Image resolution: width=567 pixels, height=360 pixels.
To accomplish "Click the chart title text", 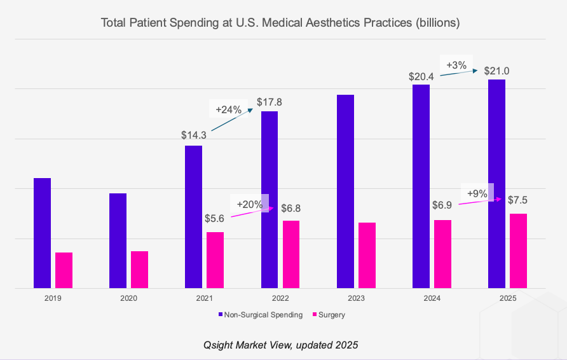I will tap(280, 23).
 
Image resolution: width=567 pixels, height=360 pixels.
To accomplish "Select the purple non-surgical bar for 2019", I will tap(42, 233).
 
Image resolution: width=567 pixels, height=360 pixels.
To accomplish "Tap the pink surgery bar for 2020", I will tap(139, 270).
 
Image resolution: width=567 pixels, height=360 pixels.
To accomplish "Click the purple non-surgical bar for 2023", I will tap(345, 191).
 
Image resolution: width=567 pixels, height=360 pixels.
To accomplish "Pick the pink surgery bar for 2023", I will tap(367, 255).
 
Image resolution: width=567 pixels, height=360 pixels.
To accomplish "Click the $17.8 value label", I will tap(270, 102).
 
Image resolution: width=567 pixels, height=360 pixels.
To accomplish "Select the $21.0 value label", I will tap(496, 71).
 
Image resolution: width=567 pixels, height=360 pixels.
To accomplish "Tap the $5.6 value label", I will tap(215, 218).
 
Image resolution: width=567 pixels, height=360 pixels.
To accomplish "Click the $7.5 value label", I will tap(517, 200).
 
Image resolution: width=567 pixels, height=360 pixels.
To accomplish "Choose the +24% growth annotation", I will tap(229, 109).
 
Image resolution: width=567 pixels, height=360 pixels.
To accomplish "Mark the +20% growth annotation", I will tap(250, 204).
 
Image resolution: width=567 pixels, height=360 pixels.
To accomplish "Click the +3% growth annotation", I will tap(456, 65).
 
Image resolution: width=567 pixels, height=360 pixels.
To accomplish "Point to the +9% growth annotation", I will tap(477, 193).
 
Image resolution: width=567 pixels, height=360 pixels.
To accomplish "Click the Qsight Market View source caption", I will tap(280, 345).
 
